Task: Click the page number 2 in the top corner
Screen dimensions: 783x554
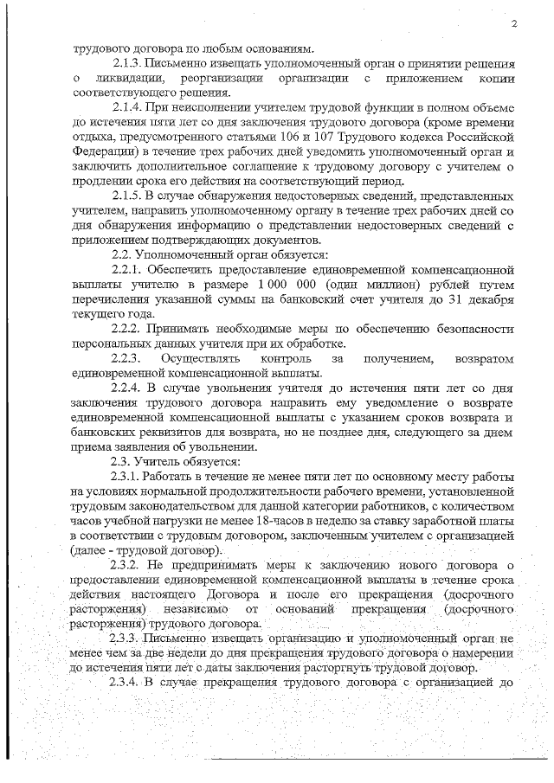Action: point(513,23)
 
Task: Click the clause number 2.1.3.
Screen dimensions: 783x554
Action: point(129,63)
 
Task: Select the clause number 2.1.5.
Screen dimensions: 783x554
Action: point(129,196)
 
